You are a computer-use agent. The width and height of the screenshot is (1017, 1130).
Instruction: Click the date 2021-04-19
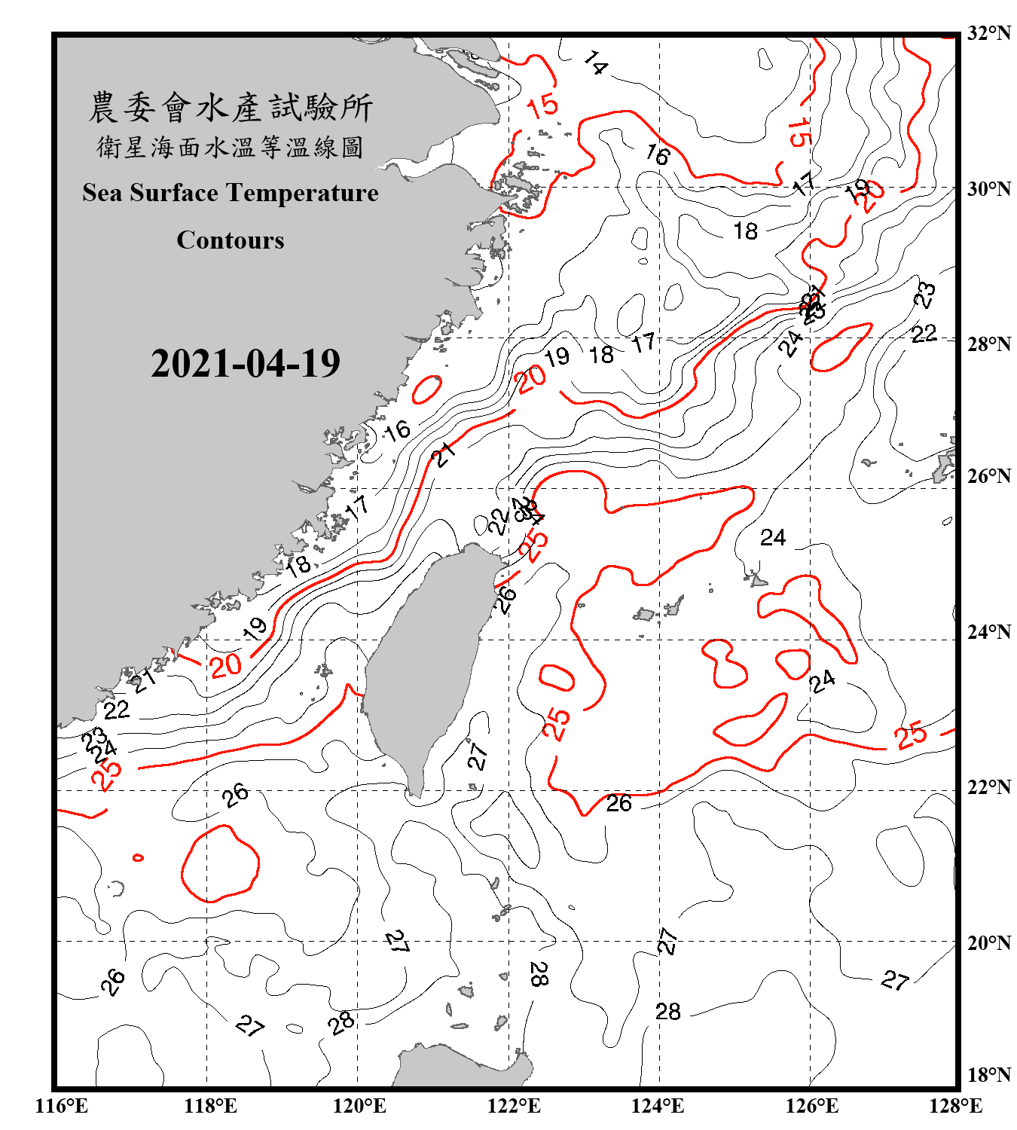(246, 363)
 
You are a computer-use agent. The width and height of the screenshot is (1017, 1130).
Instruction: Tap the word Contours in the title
(231, 240)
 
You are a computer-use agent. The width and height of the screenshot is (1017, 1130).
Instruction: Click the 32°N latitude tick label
(988, 33)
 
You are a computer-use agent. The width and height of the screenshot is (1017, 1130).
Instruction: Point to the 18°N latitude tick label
(988, 1075)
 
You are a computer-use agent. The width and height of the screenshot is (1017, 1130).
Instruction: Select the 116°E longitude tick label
(62, 1106)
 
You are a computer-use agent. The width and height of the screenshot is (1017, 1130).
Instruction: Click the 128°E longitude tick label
(955, 1106)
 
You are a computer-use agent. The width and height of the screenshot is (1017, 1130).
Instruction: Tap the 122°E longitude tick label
(514, 1106)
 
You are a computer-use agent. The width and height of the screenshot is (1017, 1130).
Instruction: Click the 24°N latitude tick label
(988, 631)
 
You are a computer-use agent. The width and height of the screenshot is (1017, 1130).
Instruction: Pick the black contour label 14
(595, 63)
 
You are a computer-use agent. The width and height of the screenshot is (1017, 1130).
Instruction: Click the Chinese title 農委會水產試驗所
(231, 108)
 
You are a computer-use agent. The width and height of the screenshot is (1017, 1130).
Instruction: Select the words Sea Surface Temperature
(231, 193)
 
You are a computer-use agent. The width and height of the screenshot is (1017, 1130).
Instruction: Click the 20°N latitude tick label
(988, 942)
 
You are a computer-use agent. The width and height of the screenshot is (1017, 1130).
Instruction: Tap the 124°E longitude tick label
(658, 1106)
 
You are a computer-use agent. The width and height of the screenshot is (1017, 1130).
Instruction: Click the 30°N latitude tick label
(988, 188)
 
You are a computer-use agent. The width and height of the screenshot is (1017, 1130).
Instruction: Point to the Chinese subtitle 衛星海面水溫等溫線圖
(231, 147)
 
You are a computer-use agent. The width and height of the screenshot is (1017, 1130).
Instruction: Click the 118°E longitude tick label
(210, 1106)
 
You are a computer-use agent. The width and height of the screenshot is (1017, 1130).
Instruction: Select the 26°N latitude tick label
(988, 476)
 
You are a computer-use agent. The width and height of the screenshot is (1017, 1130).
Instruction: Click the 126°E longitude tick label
(811, 1106)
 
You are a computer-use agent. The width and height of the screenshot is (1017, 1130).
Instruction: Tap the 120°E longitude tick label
(359, 1106)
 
